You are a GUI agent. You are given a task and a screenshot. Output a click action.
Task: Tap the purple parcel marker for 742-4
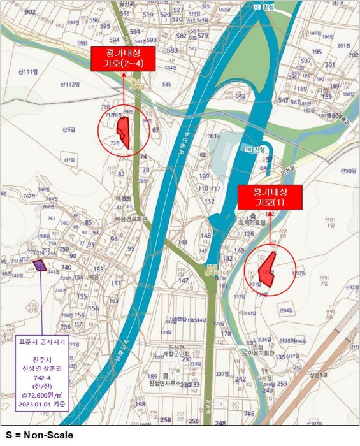40,265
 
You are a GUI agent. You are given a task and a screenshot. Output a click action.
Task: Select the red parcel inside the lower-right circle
268,270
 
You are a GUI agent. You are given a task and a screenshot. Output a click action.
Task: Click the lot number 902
29,12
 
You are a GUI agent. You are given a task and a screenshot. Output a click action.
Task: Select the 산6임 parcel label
69,129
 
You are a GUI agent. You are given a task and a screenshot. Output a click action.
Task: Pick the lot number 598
82,43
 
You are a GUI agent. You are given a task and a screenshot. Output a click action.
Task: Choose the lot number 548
240,96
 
